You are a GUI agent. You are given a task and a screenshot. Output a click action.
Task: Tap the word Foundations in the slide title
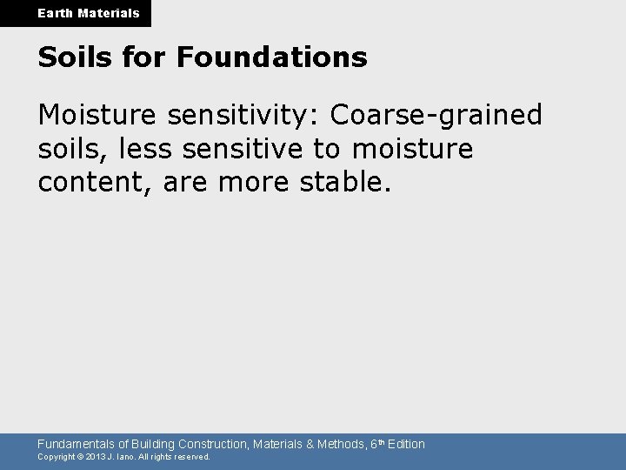[271, 58]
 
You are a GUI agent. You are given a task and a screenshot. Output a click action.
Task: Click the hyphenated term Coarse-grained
[437, 114]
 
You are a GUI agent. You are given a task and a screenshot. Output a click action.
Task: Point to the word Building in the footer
[151, 444]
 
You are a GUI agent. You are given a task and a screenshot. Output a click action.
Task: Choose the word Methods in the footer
[342, 444]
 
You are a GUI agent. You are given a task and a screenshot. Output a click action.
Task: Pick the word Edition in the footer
[406, 444]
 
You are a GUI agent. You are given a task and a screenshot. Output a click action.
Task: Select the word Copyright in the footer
[57, 457]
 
